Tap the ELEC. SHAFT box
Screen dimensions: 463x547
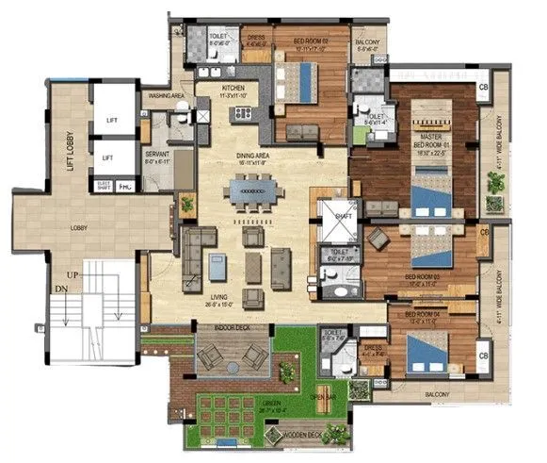click(105, 186)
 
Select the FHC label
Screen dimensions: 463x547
click(125, 187)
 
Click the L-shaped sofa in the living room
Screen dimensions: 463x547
click(194, 248)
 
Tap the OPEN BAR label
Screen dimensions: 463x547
click(326, 396)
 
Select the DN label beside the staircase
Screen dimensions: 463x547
click(59, 288)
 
